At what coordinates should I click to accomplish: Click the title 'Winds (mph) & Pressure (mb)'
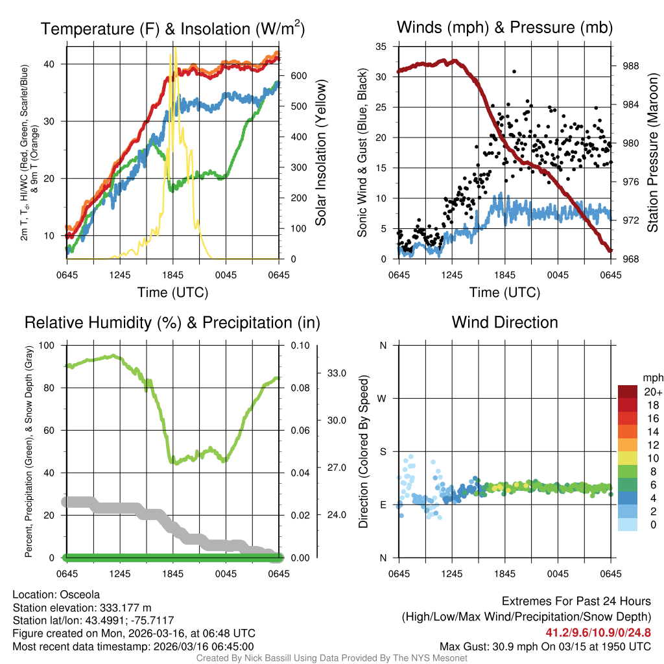pyautogui.click(x=504, y=28)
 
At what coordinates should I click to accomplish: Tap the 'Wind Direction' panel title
pyautogui.click(x=504, y=322)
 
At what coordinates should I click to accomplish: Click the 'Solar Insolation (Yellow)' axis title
pyautogui.click(x=321, y=153)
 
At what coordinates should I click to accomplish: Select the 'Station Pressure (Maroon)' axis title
pyautogui.click(x=652, y=153)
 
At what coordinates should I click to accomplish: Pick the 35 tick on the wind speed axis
pyautogui.click(x=381, y=47)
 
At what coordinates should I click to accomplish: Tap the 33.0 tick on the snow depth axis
pyautogui.click(x=335, y=373)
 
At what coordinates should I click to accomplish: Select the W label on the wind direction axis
pyautogui.click(x=383, y=398)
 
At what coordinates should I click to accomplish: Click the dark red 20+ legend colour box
pyautogui.click(x=628, y=391)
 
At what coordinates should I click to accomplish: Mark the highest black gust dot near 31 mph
pyautogui.click(x=514, y=71)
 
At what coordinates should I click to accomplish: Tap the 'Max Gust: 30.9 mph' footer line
pyautogui.click(x=545, y=646)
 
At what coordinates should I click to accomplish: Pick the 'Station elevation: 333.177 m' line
pyautogui.click(x=82, y=608)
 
